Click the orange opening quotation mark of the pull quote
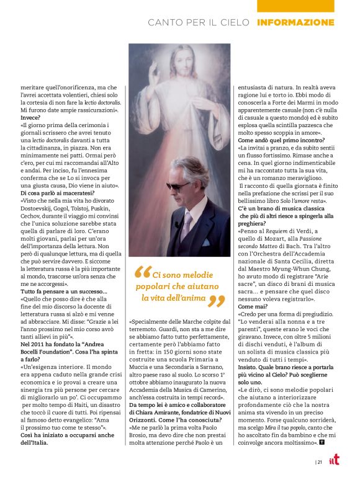(x=142, y=272)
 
